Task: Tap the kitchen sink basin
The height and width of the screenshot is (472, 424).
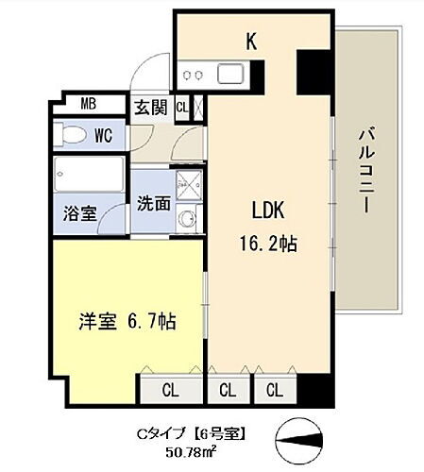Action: pos(230,74)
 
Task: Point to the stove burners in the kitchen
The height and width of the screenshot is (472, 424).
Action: pos(194,75)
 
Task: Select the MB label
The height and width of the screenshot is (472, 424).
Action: pos(88,104)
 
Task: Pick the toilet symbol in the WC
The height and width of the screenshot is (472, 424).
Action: pos(69,135)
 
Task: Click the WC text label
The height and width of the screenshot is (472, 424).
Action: pos(103,135)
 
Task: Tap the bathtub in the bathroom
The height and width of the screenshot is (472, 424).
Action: pos(87,175)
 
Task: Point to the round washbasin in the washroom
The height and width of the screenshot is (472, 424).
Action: pos(185,222)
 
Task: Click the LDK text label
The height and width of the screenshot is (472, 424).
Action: pos(267,210)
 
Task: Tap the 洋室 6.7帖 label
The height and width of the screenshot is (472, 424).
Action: pos(127,321)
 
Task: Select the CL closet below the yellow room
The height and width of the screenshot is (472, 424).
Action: pos(170,388)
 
